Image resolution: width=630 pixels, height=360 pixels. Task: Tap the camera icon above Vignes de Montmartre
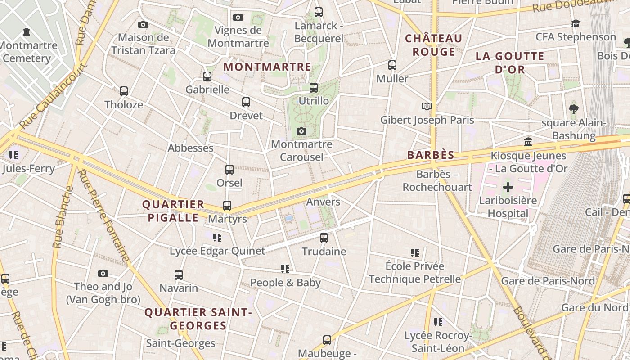[x=238, y=18]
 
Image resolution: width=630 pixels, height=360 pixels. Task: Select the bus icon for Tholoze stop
[x=124, y=91]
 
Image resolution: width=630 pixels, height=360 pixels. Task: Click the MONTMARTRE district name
[x=267, y=67]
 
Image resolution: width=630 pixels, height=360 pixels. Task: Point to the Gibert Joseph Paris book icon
[x=427, y=107]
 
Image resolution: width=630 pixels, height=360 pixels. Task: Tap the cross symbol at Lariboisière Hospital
[x=508, y=187]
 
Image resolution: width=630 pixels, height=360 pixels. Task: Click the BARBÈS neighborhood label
[x=431, y=155]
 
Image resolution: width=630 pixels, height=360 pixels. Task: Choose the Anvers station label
[x=323, y=202]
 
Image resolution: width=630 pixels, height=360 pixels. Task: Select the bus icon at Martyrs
[x=227, y=206]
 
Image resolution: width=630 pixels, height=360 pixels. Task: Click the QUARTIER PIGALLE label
[x=173, y=211]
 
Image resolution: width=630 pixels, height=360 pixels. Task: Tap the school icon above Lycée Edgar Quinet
[x=217, y=237]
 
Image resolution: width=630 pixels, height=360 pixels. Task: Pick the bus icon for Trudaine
[x=324, y=238]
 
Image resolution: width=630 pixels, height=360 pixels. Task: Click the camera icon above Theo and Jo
[x=103, y=273]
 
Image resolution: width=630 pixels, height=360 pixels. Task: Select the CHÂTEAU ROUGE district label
[x=433, y=45]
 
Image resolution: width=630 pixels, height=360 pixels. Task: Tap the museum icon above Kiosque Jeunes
[x=528, y=143]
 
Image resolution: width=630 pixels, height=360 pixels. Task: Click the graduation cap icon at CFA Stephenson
[x=576, y=24]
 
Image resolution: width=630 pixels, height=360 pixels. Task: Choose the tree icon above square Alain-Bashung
[x=573, y=109]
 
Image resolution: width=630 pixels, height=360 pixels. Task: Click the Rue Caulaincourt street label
[x=53, y=96]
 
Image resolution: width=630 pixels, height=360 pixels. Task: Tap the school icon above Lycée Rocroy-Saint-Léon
[x=438, y=322]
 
